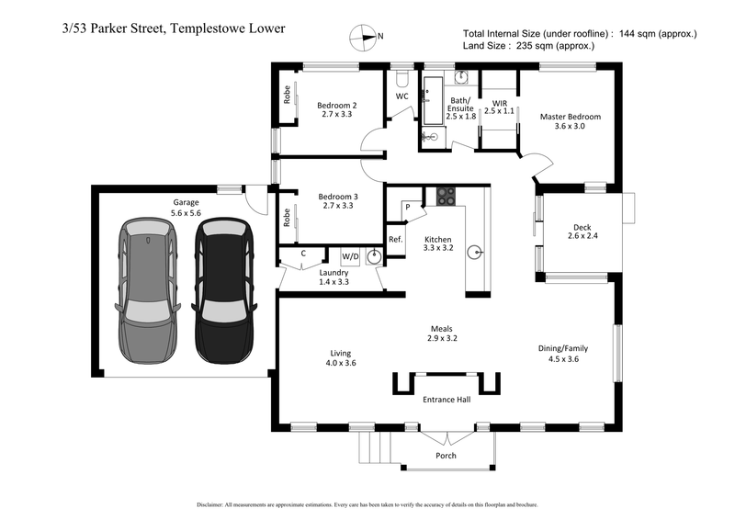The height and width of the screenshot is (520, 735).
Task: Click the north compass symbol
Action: click(363, 38)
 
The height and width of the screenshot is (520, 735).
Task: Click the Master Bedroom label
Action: click(570, 117)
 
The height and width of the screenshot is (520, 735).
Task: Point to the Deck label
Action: click(582, 228)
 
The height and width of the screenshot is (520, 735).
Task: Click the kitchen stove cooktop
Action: click(447, 196)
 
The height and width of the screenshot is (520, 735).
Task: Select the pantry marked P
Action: click(407, 209)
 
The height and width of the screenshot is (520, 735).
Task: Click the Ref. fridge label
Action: click(396, 239)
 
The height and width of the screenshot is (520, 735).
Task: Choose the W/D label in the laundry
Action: click(350, 255)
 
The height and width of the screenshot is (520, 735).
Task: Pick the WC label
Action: click(401, 96)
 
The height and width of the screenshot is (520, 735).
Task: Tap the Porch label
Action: click(446, 456)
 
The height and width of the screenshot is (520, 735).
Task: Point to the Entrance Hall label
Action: click(446, 401)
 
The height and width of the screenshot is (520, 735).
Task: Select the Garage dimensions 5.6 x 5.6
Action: click(186, 212)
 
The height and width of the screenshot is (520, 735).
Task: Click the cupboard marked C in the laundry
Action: click(303, 254)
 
